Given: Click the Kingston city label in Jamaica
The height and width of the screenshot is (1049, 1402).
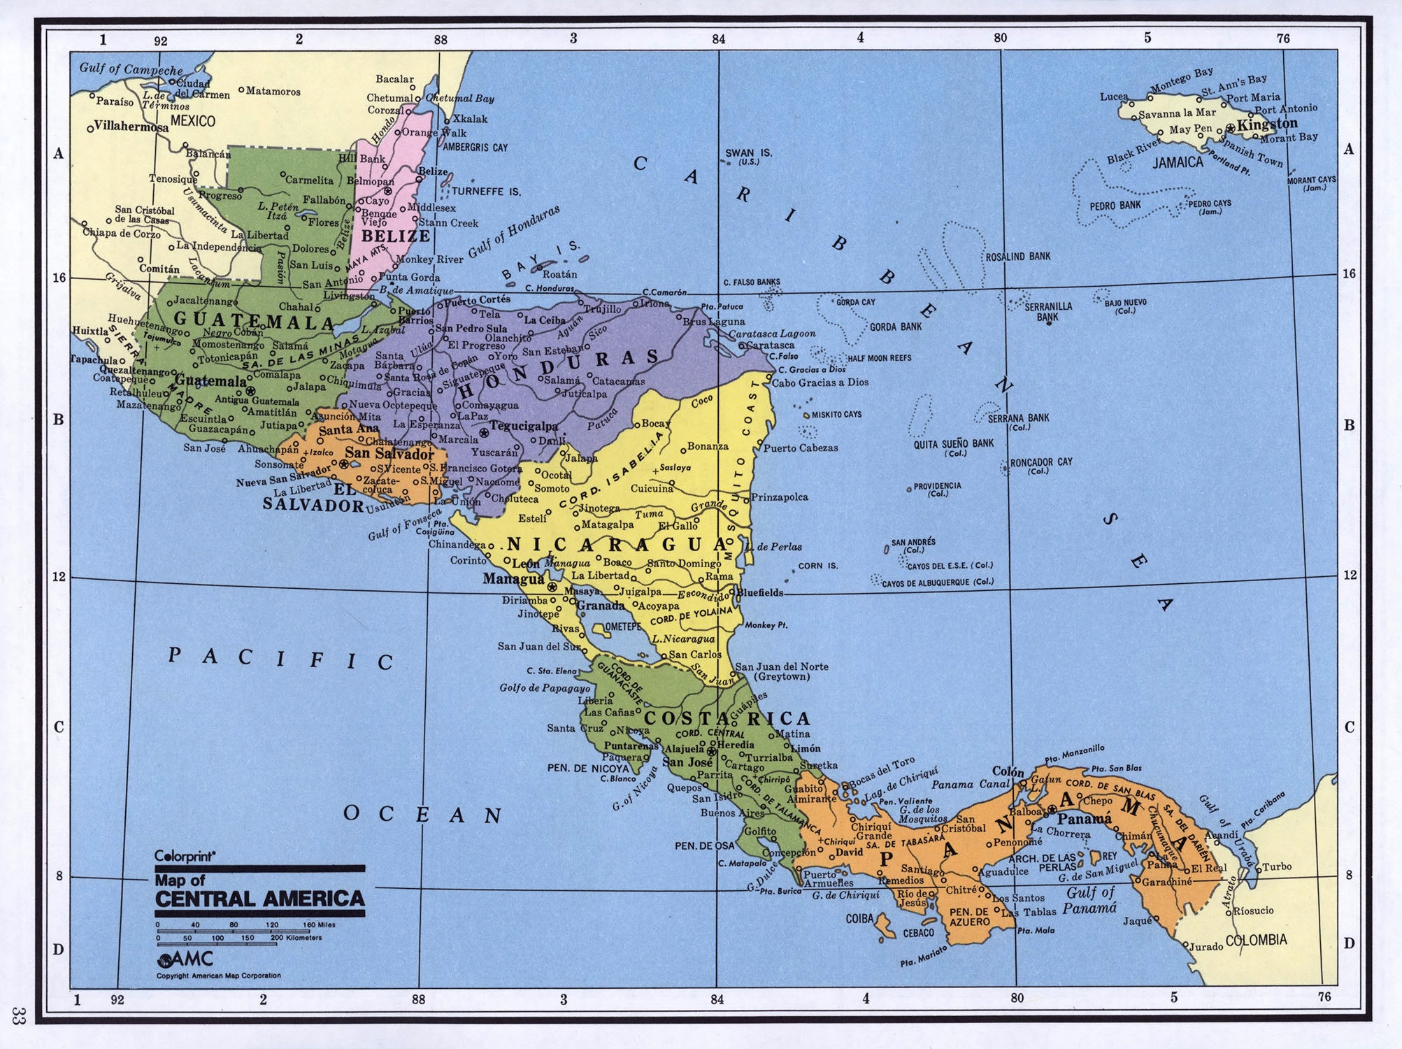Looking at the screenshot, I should pyautogui.click(x=1267, y=124).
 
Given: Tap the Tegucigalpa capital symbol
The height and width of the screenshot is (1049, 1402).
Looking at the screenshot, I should pyautogui.click(x=483, y=434).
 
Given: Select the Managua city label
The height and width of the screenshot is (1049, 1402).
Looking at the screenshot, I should pyautogui.click(x=513, y=579).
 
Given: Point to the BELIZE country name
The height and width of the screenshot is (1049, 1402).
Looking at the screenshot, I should pyautogui.click(x=395, y=236).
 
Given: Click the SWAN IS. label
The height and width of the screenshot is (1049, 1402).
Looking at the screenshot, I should pyautogui.click(x=748, y=152).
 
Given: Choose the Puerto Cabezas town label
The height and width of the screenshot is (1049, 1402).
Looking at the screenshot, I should pyautogui.click(x=800, y=448).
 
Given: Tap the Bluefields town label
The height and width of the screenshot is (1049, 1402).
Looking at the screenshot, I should pyautogui.click(x=760, y=592).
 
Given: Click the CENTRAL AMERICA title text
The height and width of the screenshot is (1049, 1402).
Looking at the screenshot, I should pyautogui.click(x=259, y=899).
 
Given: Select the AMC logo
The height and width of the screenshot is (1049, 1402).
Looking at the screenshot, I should pyautogui.click(x=185, y=959).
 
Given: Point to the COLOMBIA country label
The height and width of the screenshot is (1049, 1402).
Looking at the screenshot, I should pyautogui.click(x=1256, y=940).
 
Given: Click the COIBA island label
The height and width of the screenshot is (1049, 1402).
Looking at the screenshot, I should pyautogui.click(x=859, y=918).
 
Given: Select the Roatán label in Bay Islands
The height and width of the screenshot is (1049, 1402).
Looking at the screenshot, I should pyautogui.click(x=559, y=275).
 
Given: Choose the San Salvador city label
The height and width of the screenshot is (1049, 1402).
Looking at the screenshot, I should pyautogui.click(x=389, y=453).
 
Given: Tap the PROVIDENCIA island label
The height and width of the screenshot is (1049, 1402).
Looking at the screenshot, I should pyautogui.click(x=937, y=485).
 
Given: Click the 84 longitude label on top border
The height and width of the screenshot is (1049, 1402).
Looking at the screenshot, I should pyautogui.click(x=718, y=39).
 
